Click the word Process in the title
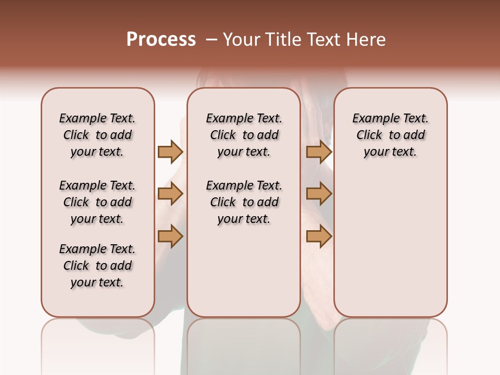pos(161,39)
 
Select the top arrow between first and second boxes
pos(170,152)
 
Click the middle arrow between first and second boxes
pos(170,194)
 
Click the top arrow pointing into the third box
pos(319,152)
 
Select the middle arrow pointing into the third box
pos(319,194)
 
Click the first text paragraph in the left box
pos(97,135)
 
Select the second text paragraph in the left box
pos(97,202)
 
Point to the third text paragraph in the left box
pos(97,266)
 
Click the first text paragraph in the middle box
pos(244,135)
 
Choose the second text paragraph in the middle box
pos(244,202)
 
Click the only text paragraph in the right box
pos(390,135)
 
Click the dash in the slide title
pos(211,40)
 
